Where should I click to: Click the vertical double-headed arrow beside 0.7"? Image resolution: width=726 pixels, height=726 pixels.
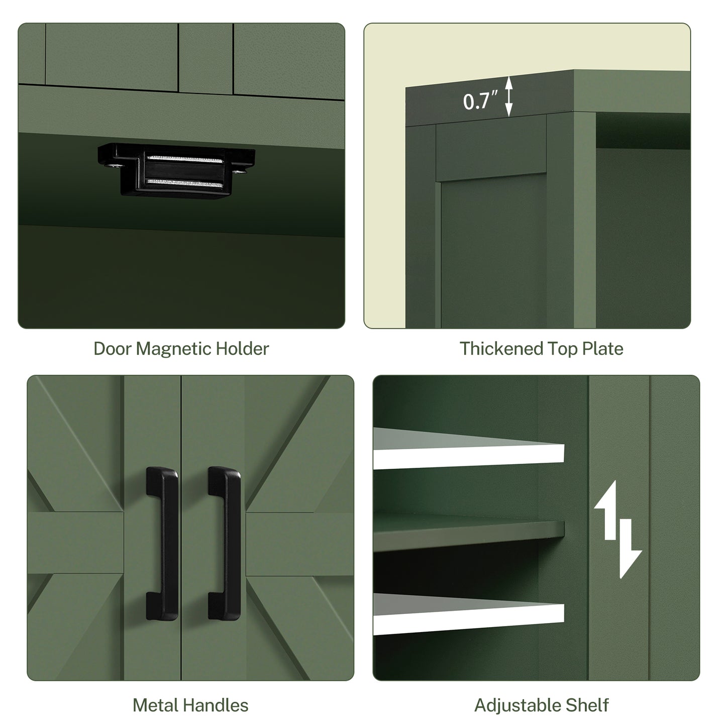point(509,96)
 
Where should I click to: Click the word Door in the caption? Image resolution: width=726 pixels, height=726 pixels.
point(112,349)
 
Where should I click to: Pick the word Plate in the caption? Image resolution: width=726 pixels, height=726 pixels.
point(602,349)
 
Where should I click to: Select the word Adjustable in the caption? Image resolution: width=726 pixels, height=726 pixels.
point(517,705)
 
